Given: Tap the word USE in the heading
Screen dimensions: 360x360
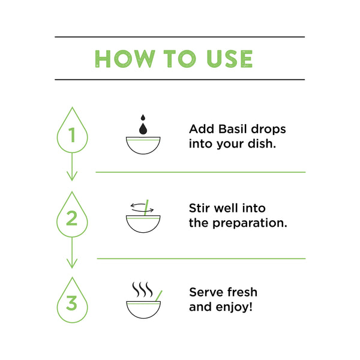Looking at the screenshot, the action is pos(230,59).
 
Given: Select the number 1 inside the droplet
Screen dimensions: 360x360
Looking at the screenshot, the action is pos(72,135).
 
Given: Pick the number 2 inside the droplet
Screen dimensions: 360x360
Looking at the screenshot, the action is pos(71,218).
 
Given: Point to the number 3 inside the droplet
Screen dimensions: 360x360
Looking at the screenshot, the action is pos(71,303).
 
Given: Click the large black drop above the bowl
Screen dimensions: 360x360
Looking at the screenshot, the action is pos(143,129).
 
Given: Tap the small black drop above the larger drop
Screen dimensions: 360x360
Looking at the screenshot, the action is pos(143,118).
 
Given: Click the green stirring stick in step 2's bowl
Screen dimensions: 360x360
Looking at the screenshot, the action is pos(146,208).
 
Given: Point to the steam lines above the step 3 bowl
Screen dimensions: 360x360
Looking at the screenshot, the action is pos(142,289).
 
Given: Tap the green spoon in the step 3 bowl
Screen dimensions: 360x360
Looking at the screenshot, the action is pos(158,296).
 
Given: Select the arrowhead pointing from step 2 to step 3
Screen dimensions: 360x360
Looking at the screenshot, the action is pos(72,263).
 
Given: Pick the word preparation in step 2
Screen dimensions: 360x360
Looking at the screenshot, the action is pos(250,224).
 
